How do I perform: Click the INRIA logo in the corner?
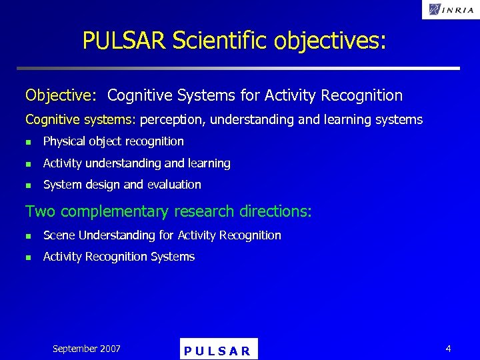[x=450, y=9]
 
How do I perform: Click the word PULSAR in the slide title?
[x=124, y=41]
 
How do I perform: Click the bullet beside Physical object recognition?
[x=28, y=142]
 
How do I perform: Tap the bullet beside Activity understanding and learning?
[x=28, y=164]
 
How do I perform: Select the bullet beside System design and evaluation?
[x=28, y=185]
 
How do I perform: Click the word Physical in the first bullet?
[x=64, y=141]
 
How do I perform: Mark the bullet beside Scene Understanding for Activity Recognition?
[x=28, y=236]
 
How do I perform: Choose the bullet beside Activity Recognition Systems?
[x=28, y=257]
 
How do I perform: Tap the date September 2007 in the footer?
[x=87, y=349]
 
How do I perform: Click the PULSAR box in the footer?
[x=218, y=350]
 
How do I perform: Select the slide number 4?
[x=448, y=349]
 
